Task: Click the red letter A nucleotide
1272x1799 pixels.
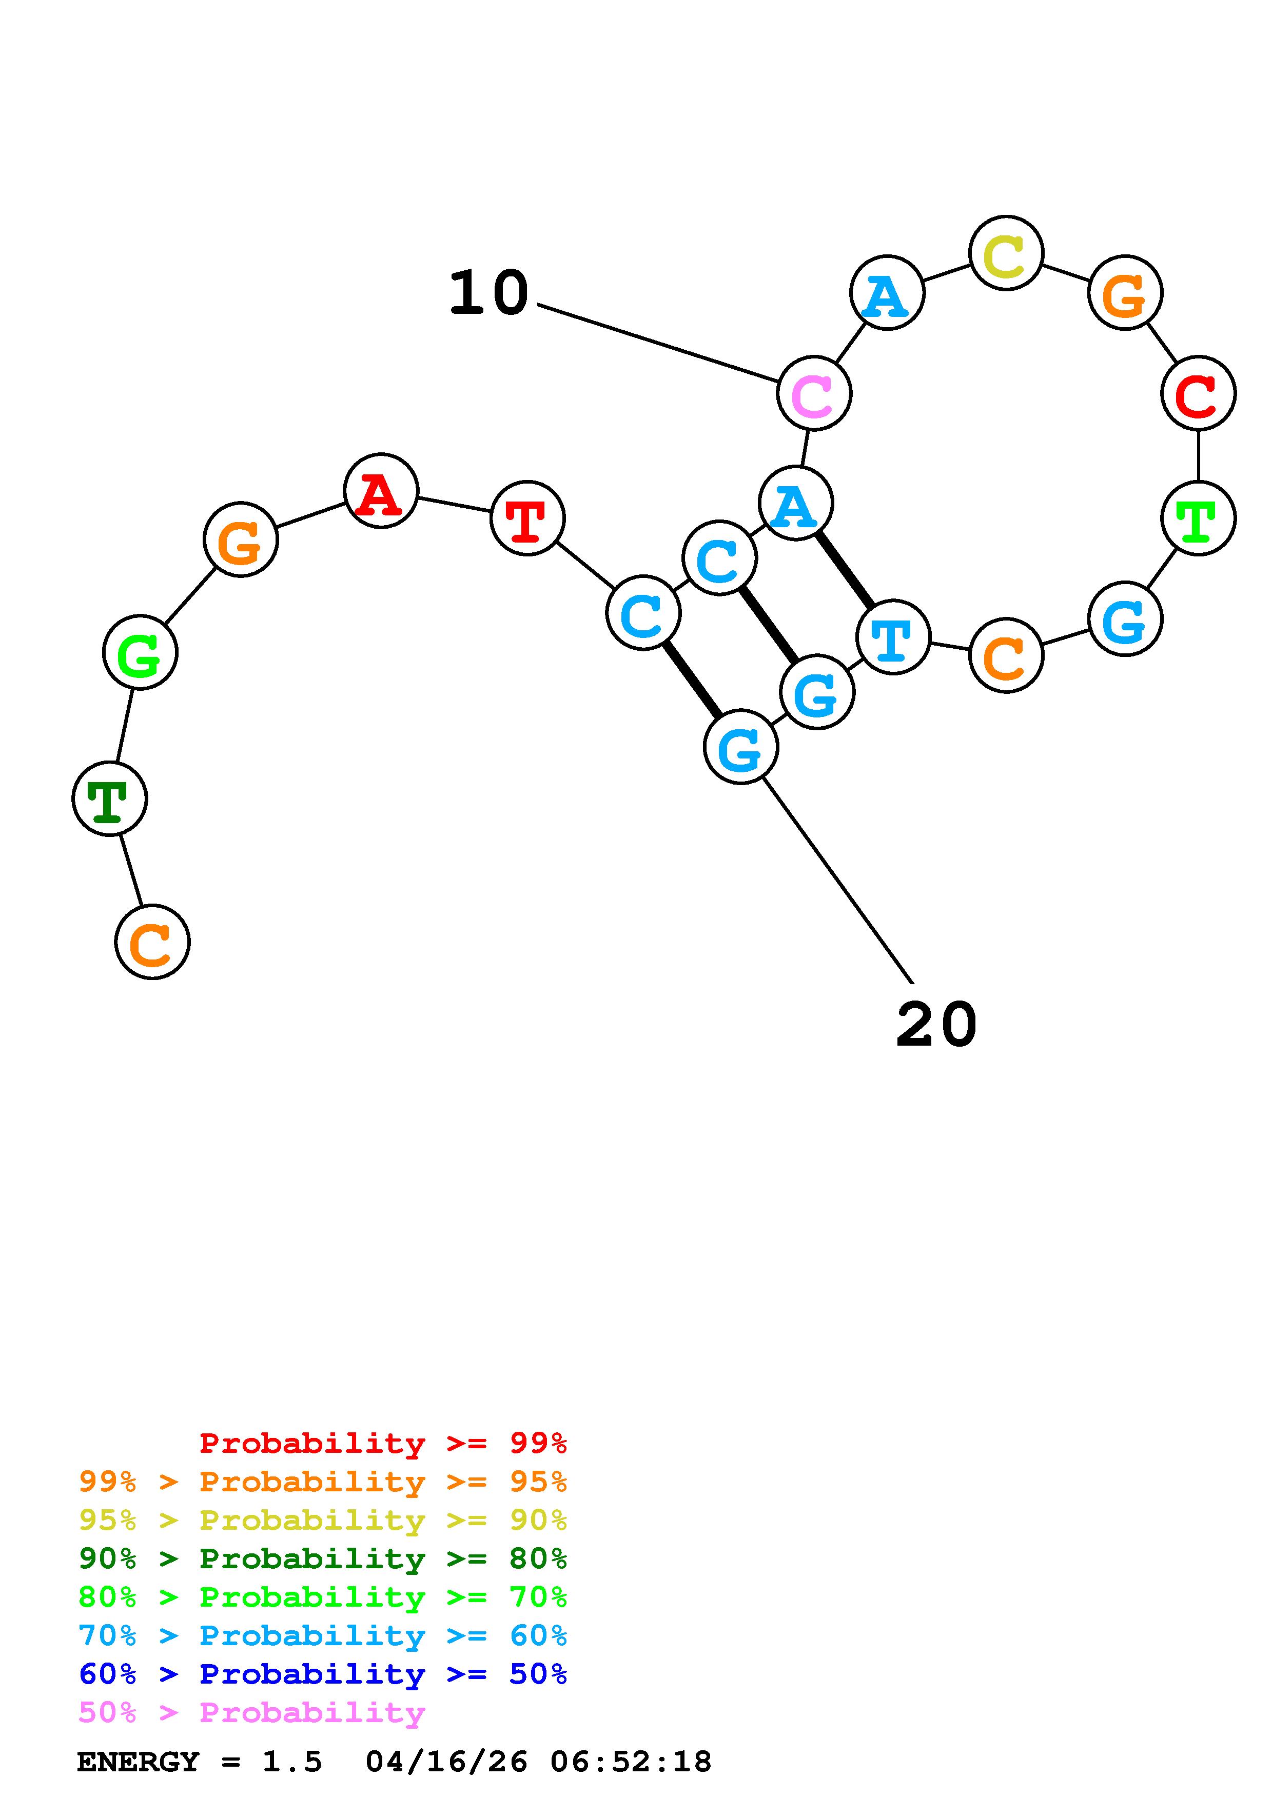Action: click(x=380, y=491)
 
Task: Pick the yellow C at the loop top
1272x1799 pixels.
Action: click(x=1006, y=253)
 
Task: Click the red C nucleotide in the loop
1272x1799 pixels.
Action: click(x=1198, y=393)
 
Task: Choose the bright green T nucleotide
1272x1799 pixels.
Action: click(x=1198, y=518)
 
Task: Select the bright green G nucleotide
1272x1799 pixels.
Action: click(x=140, y=653)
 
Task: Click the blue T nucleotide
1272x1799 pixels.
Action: click(x=893, y=637)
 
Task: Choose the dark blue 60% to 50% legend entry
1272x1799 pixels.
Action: click(x=322, y=1674)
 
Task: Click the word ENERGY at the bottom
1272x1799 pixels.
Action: click(x=138, y=1762)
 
